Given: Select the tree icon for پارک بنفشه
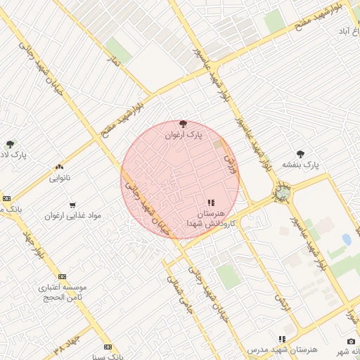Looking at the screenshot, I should (x=301, y=153).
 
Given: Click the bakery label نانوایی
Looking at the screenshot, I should (x=59, y=178).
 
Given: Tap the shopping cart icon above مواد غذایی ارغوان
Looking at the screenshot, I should (x=72, y=205).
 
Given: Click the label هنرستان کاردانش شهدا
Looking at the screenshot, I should (x=211, y=217).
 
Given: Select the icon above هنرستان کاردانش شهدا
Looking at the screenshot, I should (x=211, y=202).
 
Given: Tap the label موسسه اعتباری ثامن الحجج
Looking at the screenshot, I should (x=62, y=292).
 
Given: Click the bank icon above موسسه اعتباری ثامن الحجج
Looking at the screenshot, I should (x=62, y=277).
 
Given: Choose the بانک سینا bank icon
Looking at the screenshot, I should (x=108, y=347).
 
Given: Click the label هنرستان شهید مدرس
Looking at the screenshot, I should (x=283, y=349).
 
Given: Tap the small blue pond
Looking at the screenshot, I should (x=347, y=239).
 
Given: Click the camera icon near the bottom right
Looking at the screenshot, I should (x=352, y=341).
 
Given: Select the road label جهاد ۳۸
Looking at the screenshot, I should (x=68, y=346).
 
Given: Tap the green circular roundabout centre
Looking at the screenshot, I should (x=283, y=191).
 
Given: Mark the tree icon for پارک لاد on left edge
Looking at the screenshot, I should (x=9, y=143).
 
